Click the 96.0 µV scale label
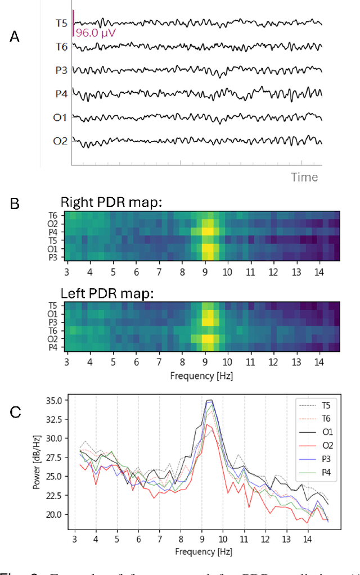pyautogui.click(x=96, y=33)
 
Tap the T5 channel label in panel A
pyautogui.click(x=61, y=23)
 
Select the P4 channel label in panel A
pyautogui.click(x=61, y=93)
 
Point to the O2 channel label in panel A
pyautogui.click(x=60, y=141)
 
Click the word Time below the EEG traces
pyautogui.click(x=304, y=177)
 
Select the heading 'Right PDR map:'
pyautogui.click(x=111, y=203)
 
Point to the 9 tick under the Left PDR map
pyautogui.click(x=204, y=360)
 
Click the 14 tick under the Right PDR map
pyautogui.click(x=319, y=271)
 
